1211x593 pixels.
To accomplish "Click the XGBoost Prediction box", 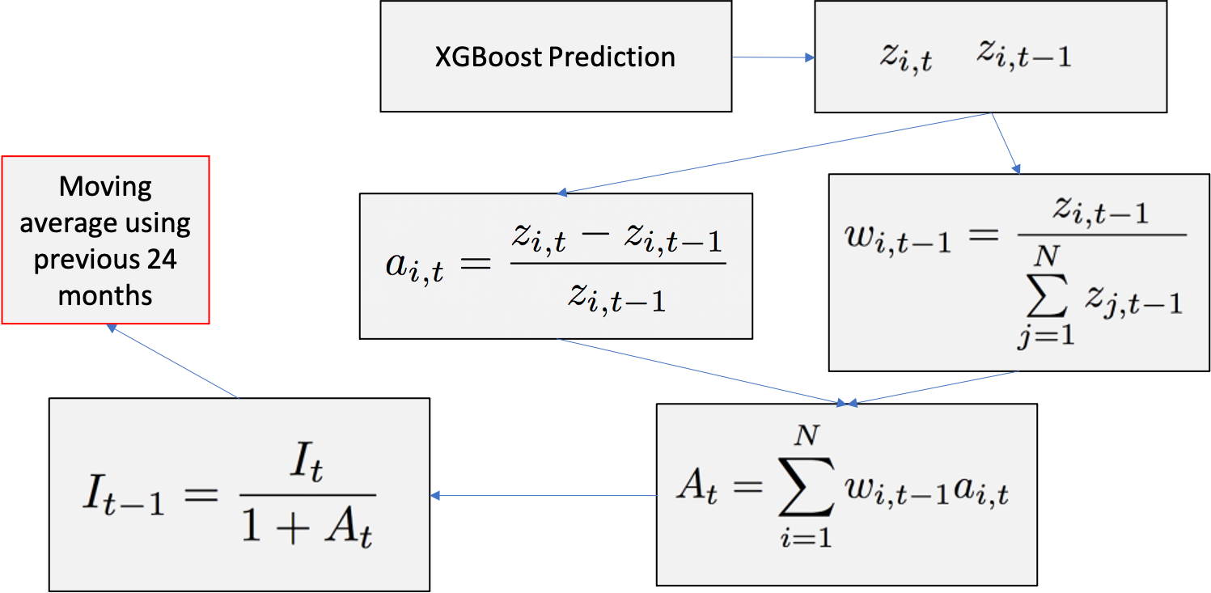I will pyautogui.click(x=556, y=57).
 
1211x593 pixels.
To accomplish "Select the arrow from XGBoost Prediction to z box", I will pyautogui.click(x=773, y=57).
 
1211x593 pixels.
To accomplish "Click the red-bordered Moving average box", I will pyautogui.click(x=105, y=240).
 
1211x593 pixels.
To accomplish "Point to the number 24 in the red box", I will pyautogui.click(x=160, y=260).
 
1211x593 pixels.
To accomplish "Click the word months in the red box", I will pyautogui.click(x=105, y=295).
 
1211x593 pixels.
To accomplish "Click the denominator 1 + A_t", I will pyautogui.click(x=307, y=530).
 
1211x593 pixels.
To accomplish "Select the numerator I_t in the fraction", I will pyautogui.click(x=307, y=468).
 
